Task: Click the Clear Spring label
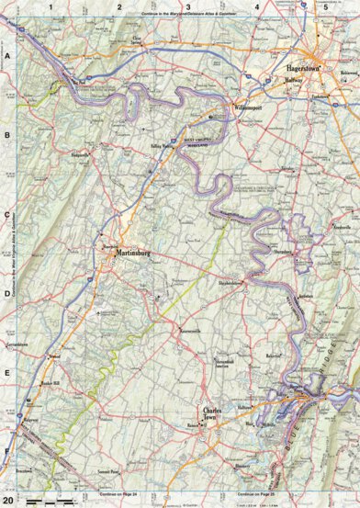[139, 41]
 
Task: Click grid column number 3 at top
[188, 6]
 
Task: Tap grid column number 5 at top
[324, 6]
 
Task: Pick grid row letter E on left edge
[6, 374]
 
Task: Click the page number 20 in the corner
[8, 499]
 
